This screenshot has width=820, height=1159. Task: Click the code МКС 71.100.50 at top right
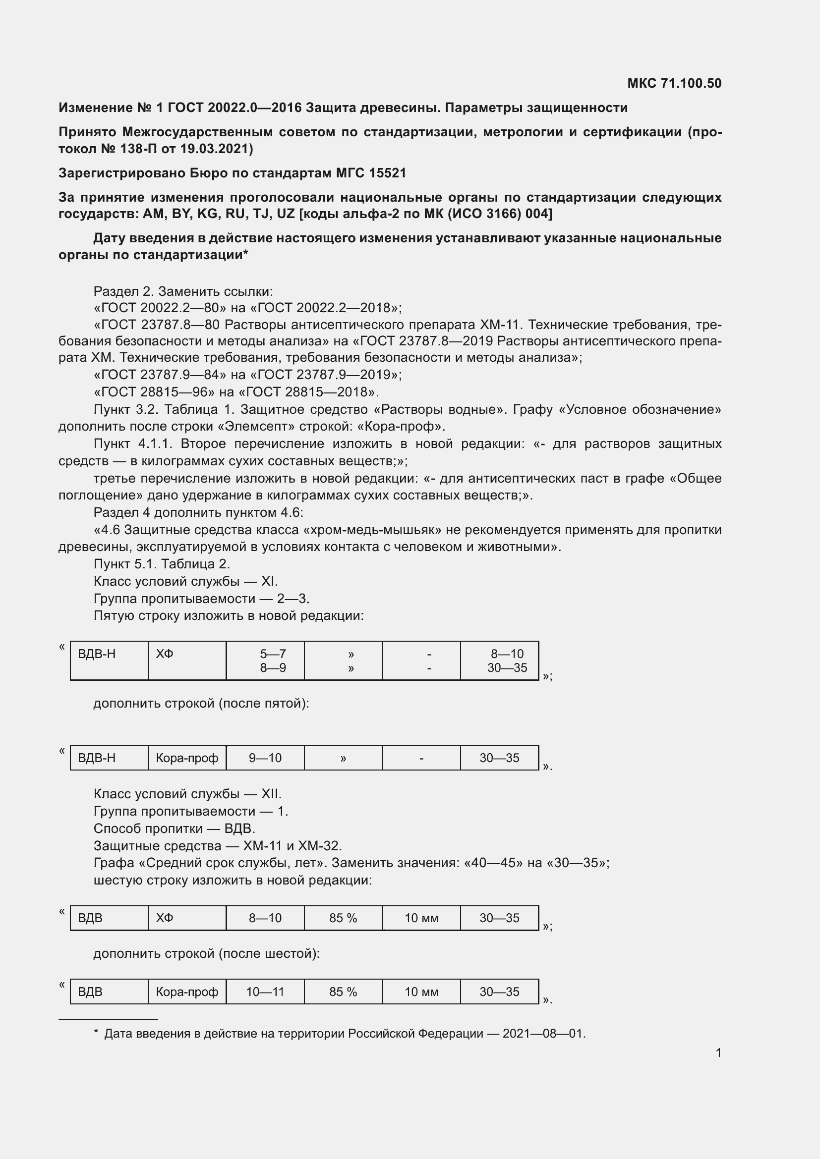click(674, 83)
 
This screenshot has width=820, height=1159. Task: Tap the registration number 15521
click(387, 173)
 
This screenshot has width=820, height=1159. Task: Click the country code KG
click(207, 214)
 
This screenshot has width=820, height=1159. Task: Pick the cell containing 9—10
click(265, 758)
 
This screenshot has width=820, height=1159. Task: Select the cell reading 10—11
click(265, 992)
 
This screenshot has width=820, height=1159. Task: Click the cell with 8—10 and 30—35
click(499, 661)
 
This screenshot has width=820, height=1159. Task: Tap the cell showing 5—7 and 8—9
click(265, 661)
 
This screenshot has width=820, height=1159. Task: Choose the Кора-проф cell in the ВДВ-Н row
click(187, 758)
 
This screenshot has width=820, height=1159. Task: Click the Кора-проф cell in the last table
click(187, 992)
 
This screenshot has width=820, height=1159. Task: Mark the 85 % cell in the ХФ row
click(343, 918)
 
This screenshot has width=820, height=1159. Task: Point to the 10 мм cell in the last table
click(421, 992)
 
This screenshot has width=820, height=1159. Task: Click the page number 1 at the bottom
click(718, 1052)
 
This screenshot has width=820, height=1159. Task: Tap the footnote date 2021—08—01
click(543, 1033)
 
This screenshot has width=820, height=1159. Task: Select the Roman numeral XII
click(270, 794)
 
